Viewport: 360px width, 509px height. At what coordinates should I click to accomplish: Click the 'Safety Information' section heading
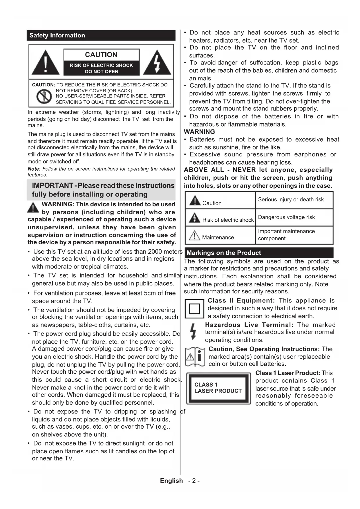tap(57, 35)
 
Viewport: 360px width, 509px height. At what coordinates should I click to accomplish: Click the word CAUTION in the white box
tap(101, 55)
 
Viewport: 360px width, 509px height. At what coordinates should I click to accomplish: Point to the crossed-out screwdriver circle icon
tap(44, 96)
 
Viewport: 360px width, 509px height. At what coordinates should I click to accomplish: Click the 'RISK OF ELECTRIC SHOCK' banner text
tap(101, 66)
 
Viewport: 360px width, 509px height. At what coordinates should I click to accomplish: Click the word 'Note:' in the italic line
tap(34, 169)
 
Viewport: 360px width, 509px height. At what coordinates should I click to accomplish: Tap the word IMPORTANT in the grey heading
tap(52, 186)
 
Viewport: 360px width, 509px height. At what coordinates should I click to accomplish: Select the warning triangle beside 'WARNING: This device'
tap(33, 208)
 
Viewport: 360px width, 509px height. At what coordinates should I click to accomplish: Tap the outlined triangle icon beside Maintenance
tap(194, 235)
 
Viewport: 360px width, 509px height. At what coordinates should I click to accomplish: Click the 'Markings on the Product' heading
tap(224, 253)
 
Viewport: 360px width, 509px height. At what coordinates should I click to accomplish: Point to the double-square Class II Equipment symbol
tap(194, 308)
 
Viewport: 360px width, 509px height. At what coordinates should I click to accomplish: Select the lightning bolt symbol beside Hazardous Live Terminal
tap(193, 332)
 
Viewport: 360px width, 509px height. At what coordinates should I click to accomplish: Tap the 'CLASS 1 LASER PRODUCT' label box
tap(218, 388)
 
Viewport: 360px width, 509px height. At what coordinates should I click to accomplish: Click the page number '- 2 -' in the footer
tap(194, 481)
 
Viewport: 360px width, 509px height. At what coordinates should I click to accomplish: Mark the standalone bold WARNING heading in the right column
tap(200, 132)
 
